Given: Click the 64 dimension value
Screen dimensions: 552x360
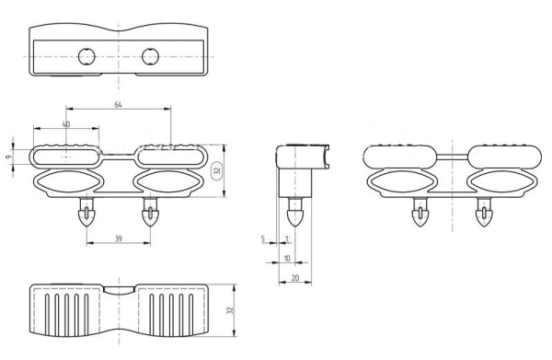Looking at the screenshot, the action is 119,105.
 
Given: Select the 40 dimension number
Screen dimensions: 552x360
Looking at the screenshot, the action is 66,124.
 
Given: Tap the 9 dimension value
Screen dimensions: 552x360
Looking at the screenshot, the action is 8,157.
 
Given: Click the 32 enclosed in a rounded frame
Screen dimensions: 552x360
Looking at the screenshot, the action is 217,170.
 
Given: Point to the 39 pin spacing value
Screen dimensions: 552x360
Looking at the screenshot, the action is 119,238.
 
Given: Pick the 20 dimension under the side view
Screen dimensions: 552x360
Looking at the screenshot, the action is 295,278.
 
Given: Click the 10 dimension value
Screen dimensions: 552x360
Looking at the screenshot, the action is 287,259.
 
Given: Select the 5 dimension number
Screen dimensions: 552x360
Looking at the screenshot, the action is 262,238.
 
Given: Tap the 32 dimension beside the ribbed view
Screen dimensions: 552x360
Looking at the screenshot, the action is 230,310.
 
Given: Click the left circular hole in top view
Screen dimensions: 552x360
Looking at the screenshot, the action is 86,56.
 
